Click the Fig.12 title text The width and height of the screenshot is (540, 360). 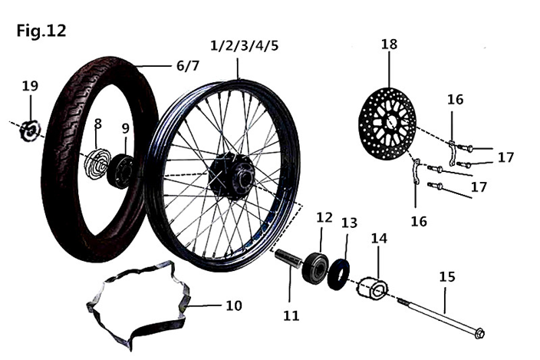coord(41,31)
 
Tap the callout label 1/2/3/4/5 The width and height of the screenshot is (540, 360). coord(244,44)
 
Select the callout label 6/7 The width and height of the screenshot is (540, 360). coord(188,66)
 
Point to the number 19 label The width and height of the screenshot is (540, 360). coord(30,86)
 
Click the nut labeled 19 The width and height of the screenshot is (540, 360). coord(30,130)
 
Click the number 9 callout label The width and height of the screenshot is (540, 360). coord(125,128)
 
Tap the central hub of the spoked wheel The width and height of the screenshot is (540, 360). coord(231,172)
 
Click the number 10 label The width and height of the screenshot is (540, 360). coord(233,306)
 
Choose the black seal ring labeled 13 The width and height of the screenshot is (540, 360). coord(339,274)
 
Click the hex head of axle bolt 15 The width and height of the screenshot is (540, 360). coord(479,333)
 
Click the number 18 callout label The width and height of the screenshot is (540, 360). coord(389,44)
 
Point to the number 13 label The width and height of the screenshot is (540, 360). coord(350,223)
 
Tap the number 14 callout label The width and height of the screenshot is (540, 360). coord(379,238)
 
